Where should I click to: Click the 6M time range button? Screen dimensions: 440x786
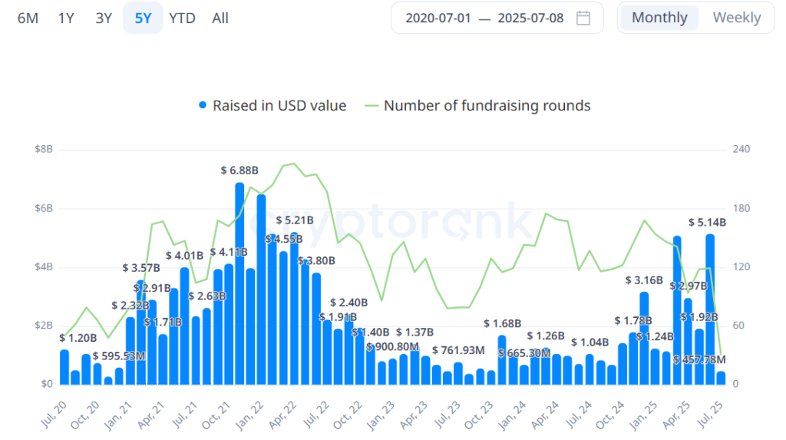point(28,18)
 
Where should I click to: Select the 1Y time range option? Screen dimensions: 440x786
point(66,18)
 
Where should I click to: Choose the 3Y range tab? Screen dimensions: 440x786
point(104,18)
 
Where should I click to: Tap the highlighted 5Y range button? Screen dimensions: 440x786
point(143,18)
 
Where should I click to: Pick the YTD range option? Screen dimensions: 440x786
point(182,18)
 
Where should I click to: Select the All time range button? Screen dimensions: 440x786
point(220,18)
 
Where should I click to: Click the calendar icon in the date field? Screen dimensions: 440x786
point(583,18)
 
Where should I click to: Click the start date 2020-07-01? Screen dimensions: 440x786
point(438,18)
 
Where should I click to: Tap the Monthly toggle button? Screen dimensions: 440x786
point(659,18)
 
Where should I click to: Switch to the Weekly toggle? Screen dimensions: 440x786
point(737,18)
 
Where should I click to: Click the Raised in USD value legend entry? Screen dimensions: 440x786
point(272,105)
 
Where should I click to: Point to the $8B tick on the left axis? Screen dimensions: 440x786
point(44,149)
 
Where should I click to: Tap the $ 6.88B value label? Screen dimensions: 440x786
point(239,170)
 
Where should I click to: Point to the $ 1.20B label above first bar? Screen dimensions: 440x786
point(78,337)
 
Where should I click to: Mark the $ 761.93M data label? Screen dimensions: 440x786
point(458,350)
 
